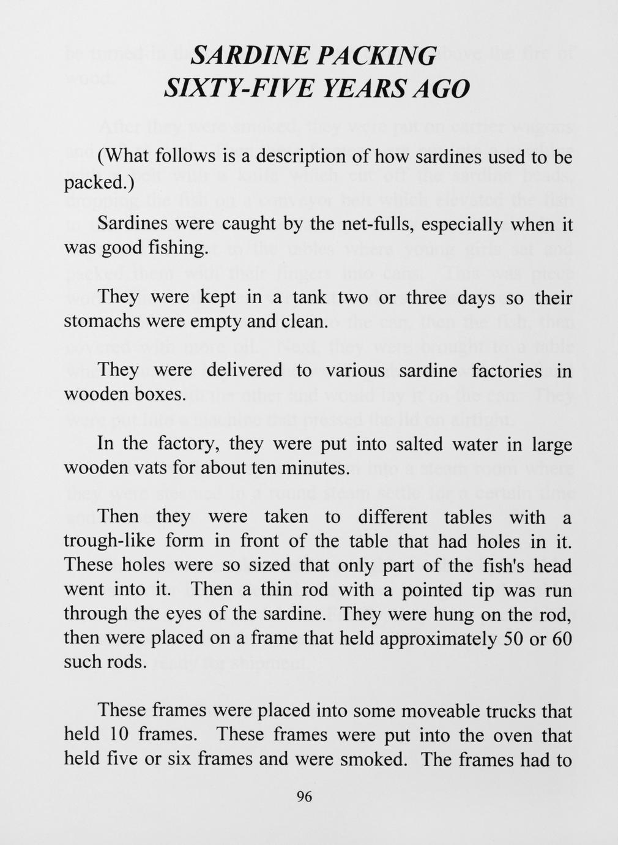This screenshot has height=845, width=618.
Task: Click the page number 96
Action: click(304, 797)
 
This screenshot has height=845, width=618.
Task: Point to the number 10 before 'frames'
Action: click(120, 734)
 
